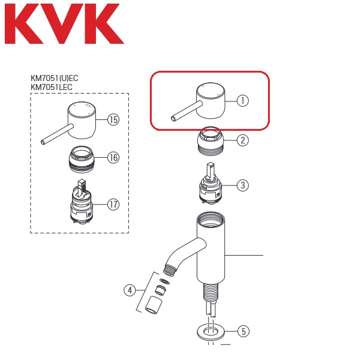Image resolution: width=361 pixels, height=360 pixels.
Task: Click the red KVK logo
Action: pyautogui.click(x=64, y=23)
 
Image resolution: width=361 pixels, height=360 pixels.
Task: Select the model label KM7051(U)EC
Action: pyautogui.click(x=55, y=79)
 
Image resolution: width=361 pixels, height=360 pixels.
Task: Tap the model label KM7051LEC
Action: pyautogui.click(x=52, y=87)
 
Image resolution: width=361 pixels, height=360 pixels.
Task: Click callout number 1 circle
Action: pyautogui.click(x=243, y=101)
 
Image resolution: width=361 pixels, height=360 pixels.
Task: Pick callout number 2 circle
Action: pyautogui.click(x=243, y=140)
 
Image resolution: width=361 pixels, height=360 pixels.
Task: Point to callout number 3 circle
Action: pyautogui.click(x=243, y=185)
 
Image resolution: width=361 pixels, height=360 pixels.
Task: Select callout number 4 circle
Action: pyautogui.click(x=130, y=290)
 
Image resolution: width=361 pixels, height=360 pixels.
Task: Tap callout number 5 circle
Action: pyautogui.click(x=243, y=331)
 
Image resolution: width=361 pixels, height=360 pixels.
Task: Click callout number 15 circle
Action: pyautogui.click(x=113, y=120)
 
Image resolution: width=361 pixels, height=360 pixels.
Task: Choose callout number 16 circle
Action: pyautogui.click(x=113, y=158)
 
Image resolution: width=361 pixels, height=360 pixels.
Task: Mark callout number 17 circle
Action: pyautogui.click(x=113, y=204)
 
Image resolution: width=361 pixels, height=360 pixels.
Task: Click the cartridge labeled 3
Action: pyautogui.click(x=210, y=183)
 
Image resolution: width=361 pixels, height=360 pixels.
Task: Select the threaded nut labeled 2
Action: pyautogui.click(x=210, y=141)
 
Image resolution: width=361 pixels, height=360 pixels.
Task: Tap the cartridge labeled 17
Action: pyautogui.click(x=82, y=202)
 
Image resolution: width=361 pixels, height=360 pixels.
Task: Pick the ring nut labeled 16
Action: pyautogui.click(x=82, y=159)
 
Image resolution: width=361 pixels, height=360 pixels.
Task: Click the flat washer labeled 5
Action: pyautogui.click(x=210, y=332)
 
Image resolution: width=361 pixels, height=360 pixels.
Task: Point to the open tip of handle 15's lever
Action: pyautogui.click(x=43, y=142)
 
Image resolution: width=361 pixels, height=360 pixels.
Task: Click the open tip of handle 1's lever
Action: pyautogui.click(x=173, y=119)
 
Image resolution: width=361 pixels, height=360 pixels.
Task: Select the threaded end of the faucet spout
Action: pyautogui.click(x=170, y=270)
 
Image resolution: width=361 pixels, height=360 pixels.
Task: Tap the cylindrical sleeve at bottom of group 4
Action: pyautogui.click(x=154, y=305)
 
